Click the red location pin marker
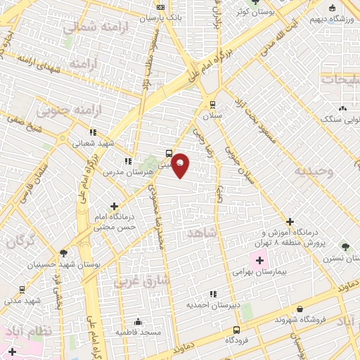(181, 165)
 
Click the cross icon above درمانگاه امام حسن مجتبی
(115, 206)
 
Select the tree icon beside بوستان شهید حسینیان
(64, 253)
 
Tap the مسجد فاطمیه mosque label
(139, 331)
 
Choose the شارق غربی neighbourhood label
(141, 281)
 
